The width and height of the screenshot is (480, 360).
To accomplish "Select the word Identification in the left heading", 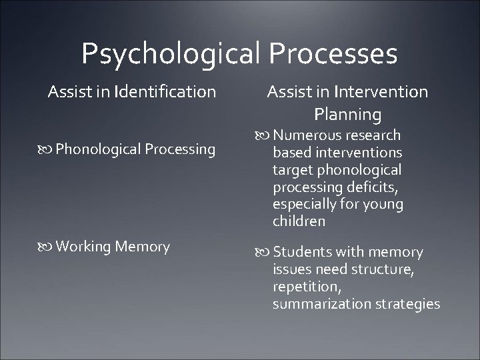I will coord(165,91).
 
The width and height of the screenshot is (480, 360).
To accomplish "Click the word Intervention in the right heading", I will coord(383,91).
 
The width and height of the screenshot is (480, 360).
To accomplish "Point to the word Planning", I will coord(348,113).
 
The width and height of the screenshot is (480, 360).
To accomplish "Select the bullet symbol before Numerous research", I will coord(264,136).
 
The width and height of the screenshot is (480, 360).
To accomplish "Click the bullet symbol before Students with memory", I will coord(264,253).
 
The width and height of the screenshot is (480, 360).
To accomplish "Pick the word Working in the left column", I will coord(84,247).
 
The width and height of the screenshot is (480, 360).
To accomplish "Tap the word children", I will coord(299,221).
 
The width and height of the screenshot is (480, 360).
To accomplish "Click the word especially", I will coord(304,205).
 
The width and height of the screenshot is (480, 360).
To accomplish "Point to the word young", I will coord(383,205).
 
